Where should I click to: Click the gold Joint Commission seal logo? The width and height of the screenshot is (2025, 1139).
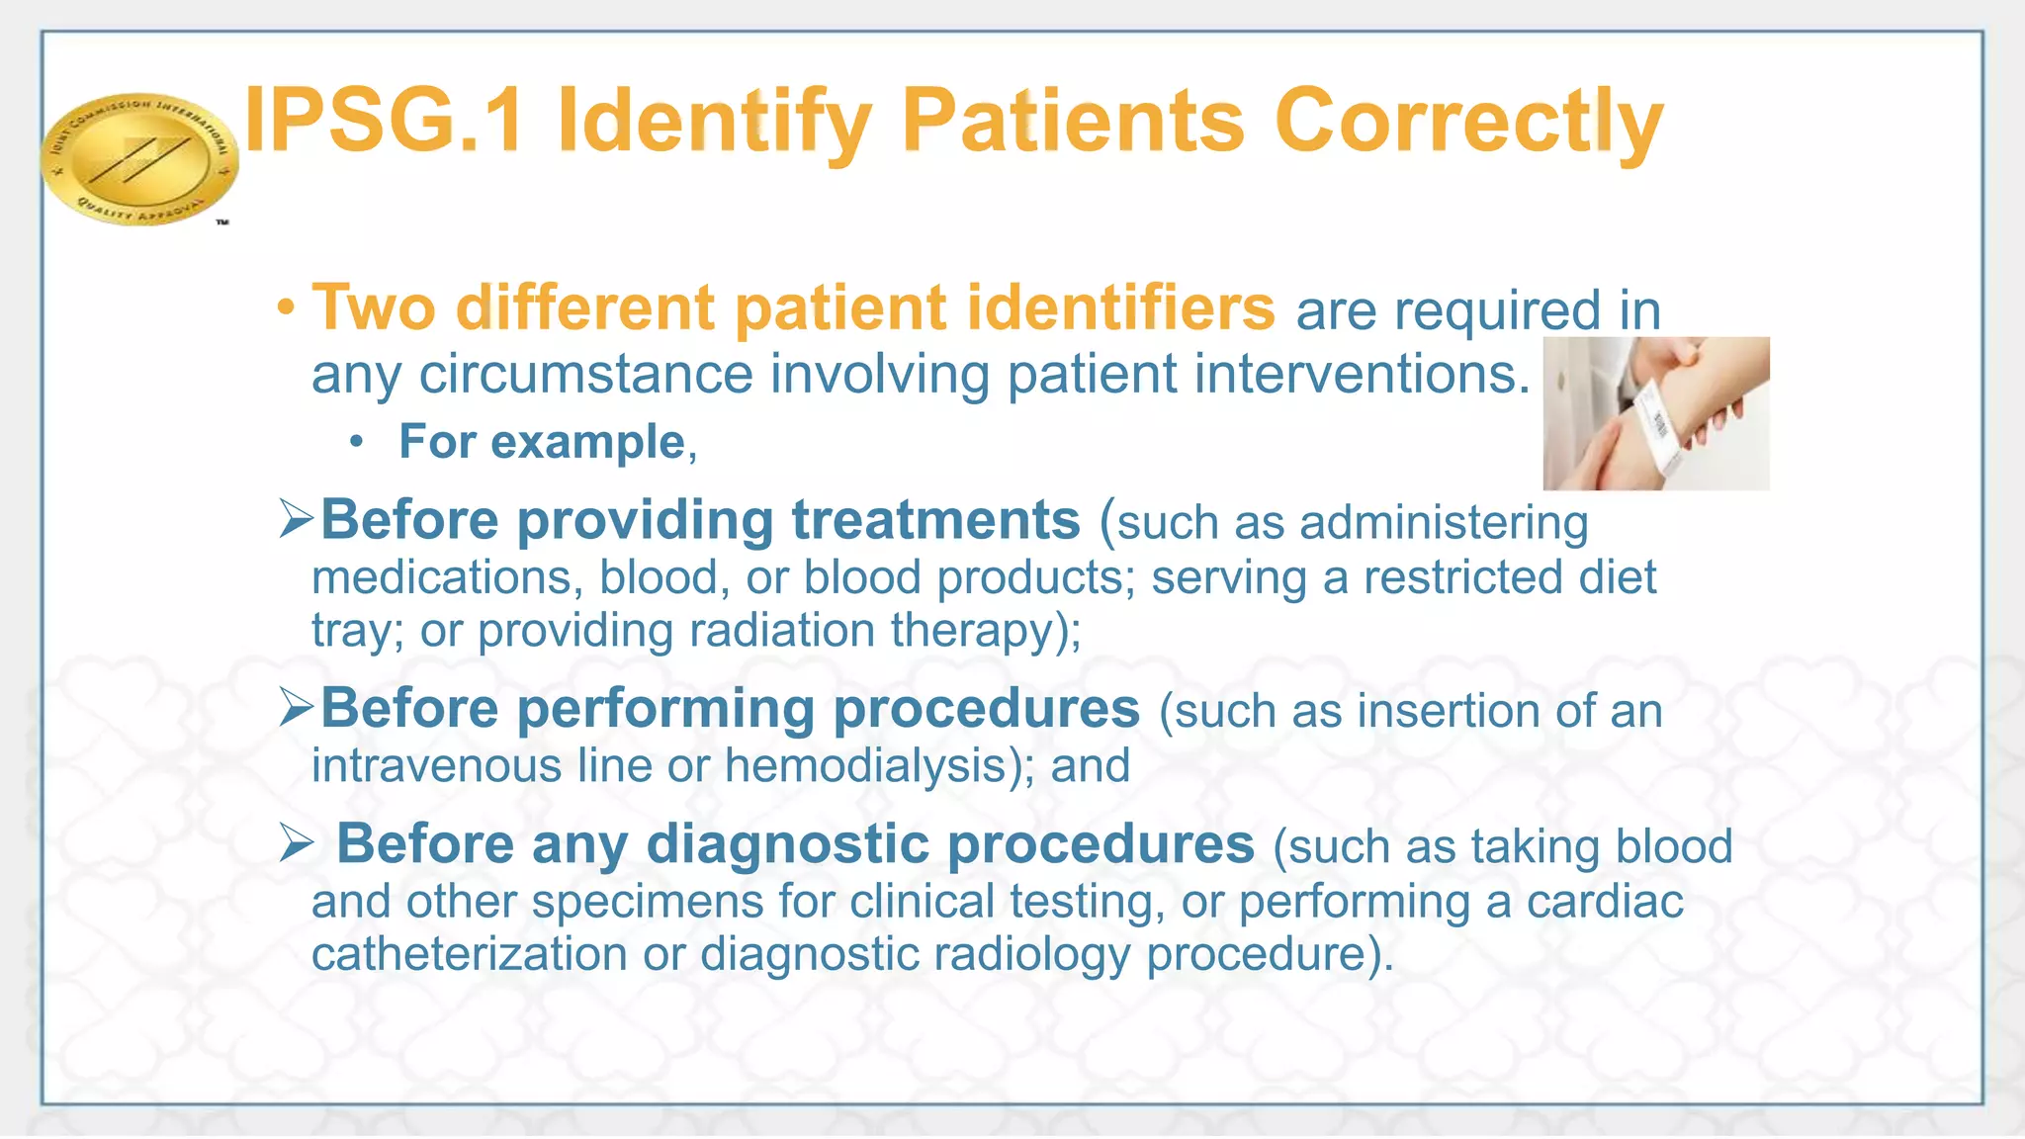138,158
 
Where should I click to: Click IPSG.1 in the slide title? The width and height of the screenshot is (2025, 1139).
384,122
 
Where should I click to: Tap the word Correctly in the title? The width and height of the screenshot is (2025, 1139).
1469,122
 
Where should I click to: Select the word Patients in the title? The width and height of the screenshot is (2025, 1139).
1073,122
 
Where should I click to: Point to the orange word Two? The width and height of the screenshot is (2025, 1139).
374,307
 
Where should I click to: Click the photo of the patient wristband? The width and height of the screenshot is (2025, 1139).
1656,413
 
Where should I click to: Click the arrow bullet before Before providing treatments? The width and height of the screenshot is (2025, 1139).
296,518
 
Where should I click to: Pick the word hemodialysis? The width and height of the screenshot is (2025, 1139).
865,765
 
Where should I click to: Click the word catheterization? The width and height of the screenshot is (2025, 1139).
470,954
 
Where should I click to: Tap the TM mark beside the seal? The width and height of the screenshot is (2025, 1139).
222,222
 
